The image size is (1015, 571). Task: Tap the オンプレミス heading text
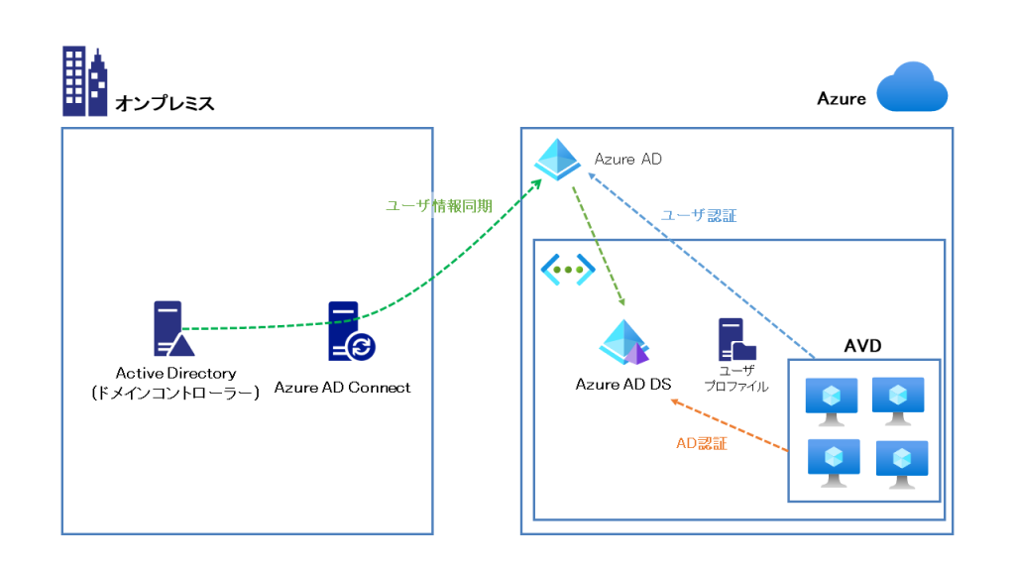coord(165,102)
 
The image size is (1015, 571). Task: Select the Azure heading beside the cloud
coord(841,98)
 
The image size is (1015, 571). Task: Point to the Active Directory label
coord(175,373)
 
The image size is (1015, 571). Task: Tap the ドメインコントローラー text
coord(175,393)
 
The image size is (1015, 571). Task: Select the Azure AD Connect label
coord(342,387)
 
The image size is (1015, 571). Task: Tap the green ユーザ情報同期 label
coord(439,205)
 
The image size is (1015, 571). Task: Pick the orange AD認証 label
coord(702,444)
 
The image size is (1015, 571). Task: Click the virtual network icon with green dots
coord(567,268)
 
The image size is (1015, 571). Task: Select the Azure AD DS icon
coord(624,343)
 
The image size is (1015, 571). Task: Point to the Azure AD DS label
coord(623,384)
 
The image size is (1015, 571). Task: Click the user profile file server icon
coord(735,340)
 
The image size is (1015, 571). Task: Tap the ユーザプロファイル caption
coord(734,378)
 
